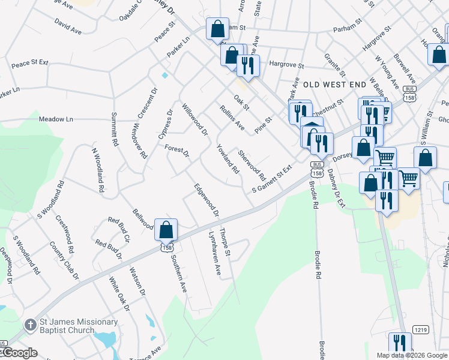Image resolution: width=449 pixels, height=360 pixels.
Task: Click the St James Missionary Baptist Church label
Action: [67, 325]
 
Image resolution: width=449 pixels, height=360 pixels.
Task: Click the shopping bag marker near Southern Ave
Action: [166, 229]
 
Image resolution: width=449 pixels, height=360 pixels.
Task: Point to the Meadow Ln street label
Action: [59, 119]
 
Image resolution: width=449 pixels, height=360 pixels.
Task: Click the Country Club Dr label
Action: [64, 260]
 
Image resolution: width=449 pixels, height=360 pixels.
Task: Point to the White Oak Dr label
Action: [119, 293]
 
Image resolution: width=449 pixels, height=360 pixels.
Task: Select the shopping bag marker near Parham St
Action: [217, 29]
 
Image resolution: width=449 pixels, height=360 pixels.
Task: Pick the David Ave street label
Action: [67, 25]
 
